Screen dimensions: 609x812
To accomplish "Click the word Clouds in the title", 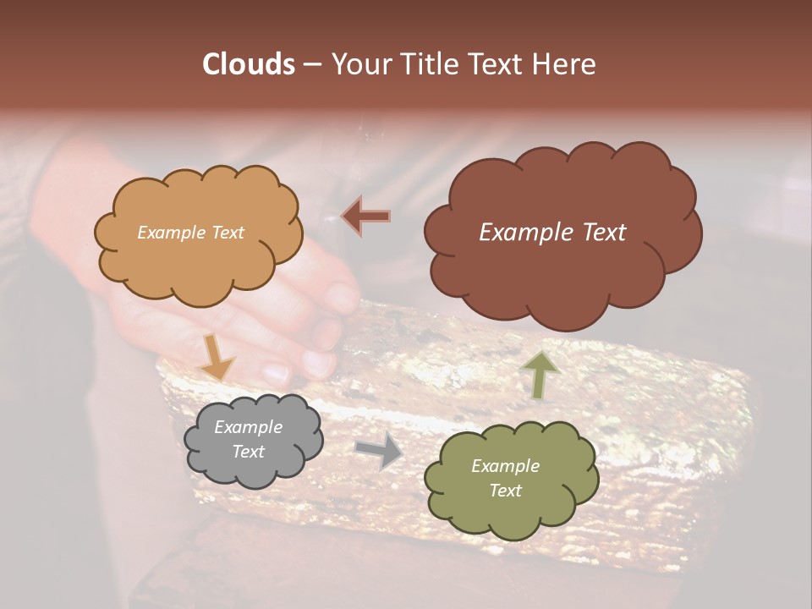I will click(248, 64).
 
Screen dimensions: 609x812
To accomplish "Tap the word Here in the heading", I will click(566, 64).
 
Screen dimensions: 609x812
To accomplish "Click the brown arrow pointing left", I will click(366, 216).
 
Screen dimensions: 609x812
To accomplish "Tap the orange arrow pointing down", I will click(217, 356).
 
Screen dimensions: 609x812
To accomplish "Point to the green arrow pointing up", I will click(540, 375).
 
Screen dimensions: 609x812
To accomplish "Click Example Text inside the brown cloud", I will click(552, 233).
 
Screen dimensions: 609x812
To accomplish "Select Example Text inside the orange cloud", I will click(190, 233).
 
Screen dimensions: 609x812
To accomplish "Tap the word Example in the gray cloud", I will click(248, 427).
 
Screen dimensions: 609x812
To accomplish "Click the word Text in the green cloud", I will click(505, 491).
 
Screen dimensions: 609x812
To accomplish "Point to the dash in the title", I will click(312, 64).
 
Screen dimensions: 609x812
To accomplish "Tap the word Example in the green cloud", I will click(505, 466).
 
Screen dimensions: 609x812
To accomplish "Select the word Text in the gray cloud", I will click(248, 452).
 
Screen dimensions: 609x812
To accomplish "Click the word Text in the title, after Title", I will click(494, 64).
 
